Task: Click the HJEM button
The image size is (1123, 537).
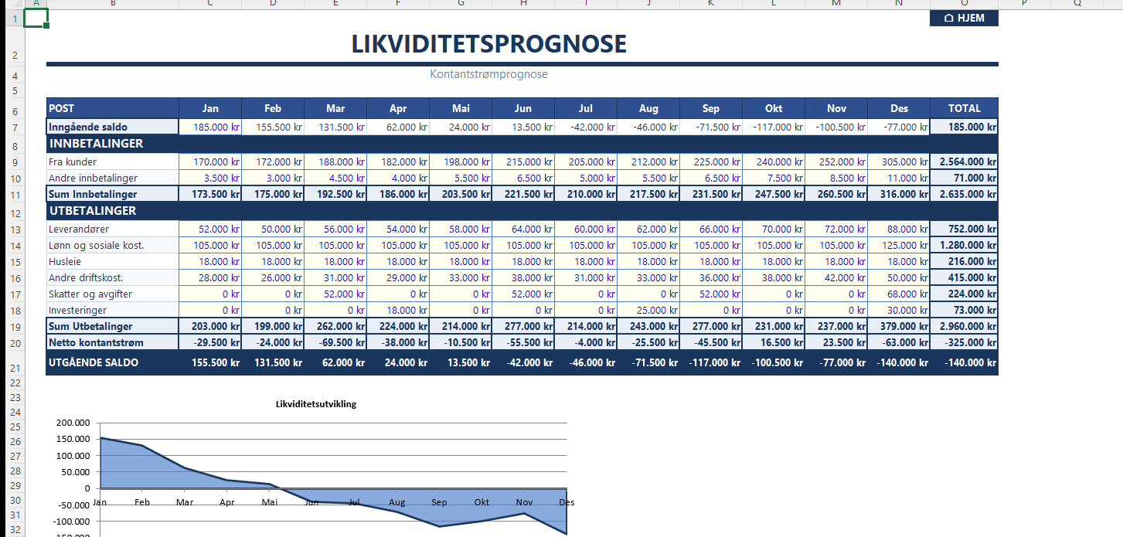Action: [964, 18]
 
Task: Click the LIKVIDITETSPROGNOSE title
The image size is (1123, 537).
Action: [488, 45]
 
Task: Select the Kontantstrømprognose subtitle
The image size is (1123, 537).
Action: [488, 74]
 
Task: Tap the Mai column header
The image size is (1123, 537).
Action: [461, 108]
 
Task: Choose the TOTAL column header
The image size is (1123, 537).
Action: [964, 108]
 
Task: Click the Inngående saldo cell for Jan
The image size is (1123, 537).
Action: [210, 127]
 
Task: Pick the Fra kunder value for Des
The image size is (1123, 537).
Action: [899, 162]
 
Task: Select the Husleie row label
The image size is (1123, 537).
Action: [66, 262]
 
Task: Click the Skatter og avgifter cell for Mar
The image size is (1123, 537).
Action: [335, 294]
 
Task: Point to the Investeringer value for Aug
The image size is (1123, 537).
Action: [648, 311]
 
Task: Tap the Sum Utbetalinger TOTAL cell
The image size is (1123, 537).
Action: [964, 327]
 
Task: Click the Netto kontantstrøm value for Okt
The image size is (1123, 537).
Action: [774, 343]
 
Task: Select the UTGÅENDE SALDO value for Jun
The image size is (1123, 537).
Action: [523, 362]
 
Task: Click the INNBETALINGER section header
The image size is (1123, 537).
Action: [96, 144]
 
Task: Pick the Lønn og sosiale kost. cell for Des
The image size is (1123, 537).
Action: [899, 246]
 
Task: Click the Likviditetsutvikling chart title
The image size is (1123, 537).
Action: [316, 403]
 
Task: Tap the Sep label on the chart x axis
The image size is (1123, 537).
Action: [439, 502]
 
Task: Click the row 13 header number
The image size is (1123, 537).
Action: [14, 229]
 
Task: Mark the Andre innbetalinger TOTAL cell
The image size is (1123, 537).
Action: [964, 178]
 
